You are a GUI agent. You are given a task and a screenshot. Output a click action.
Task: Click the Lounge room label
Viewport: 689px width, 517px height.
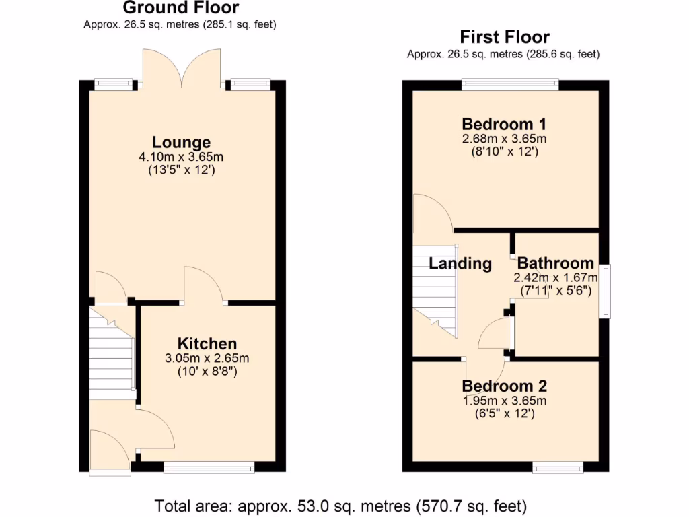pyautogui.click(x=181, y=142)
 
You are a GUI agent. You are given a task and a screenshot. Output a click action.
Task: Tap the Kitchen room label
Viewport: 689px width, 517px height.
pyautogui.click(x=207, y=343)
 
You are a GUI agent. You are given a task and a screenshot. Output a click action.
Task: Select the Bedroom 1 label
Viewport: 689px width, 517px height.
pyautogui.click(x=504, y=124)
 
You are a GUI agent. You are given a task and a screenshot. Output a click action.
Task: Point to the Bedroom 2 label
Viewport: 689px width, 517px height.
pyautogui.click(x=504, y=386)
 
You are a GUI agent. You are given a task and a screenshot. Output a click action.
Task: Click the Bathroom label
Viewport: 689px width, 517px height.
pyautogui.click(x=555, y=263)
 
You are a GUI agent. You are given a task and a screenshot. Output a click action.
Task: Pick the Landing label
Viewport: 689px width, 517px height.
pyautogui.click(x=460, y=263)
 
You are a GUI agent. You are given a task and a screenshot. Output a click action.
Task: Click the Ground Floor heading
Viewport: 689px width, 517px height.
pyautogui.click(x=180, y=8)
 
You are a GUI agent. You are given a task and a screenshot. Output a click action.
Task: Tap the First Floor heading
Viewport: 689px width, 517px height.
pyautogui.click(x=504, y=36)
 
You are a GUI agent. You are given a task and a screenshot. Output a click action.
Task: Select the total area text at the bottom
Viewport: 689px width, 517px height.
pyautogui.click(x=341, y=505)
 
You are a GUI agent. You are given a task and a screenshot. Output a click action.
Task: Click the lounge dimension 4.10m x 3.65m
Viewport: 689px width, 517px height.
pyautogui.click(x=181, y=157)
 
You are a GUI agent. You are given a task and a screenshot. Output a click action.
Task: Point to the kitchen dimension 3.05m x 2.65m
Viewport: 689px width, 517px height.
pyautogui.click(x=207, y=358)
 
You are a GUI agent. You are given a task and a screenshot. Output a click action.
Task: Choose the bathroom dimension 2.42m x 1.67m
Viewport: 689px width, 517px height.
pyautogui.click(x=556, y=277)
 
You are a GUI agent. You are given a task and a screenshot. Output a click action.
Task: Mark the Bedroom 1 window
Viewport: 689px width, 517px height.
pyautogui.click(x=509, y=84)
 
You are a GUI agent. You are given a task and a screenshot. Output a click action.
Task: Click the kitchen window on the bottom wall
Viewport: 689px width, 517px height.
pyautogui.click(x=209, y=467)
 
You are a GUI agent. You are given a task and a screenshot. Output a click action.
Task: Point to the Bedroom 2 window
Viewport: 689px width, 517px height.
pyautogui.click(x=558, y=467)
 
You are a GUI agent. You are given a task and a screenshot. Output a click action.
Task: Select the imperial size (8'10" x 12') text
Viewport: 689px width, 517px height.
pyautogui.click(x=504, y=152)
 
